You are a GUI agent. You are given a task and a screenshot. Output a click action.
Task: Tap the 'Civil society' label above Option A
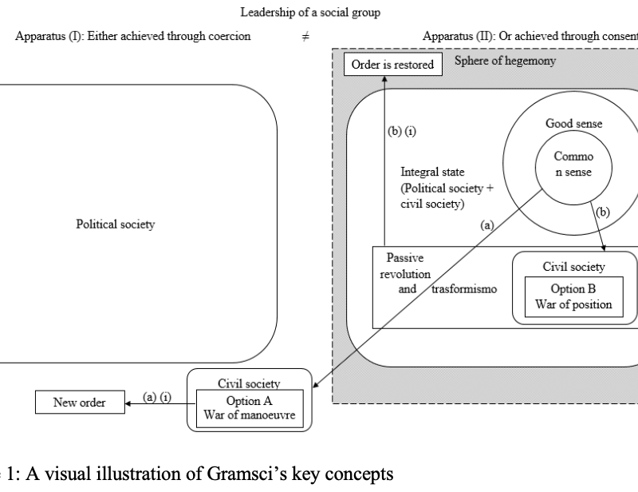coord(247,383)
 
